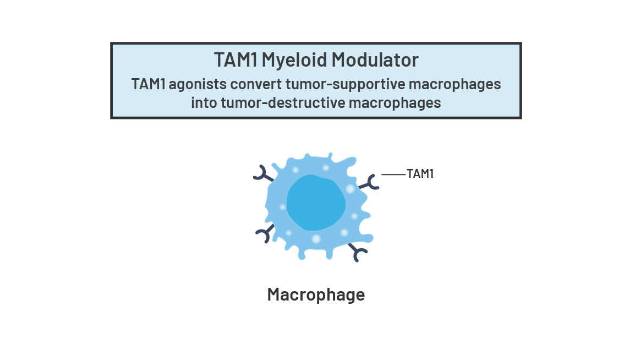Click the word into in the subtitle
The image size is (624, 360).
tap(203, 102)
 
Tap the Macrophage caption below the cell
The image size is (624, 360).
tap(316, 294)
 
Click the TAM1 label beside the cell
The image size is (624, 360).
tap(420, 174)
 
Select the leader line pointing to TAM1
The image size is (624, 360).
tap(393, 174)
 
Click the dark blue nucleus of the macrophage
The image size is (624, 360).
tap(316, 203)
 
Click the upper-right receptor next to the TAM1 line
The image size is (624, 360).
tap(370, 183)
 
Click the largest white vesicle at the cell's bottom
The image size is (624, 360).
tap(316, 239)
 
